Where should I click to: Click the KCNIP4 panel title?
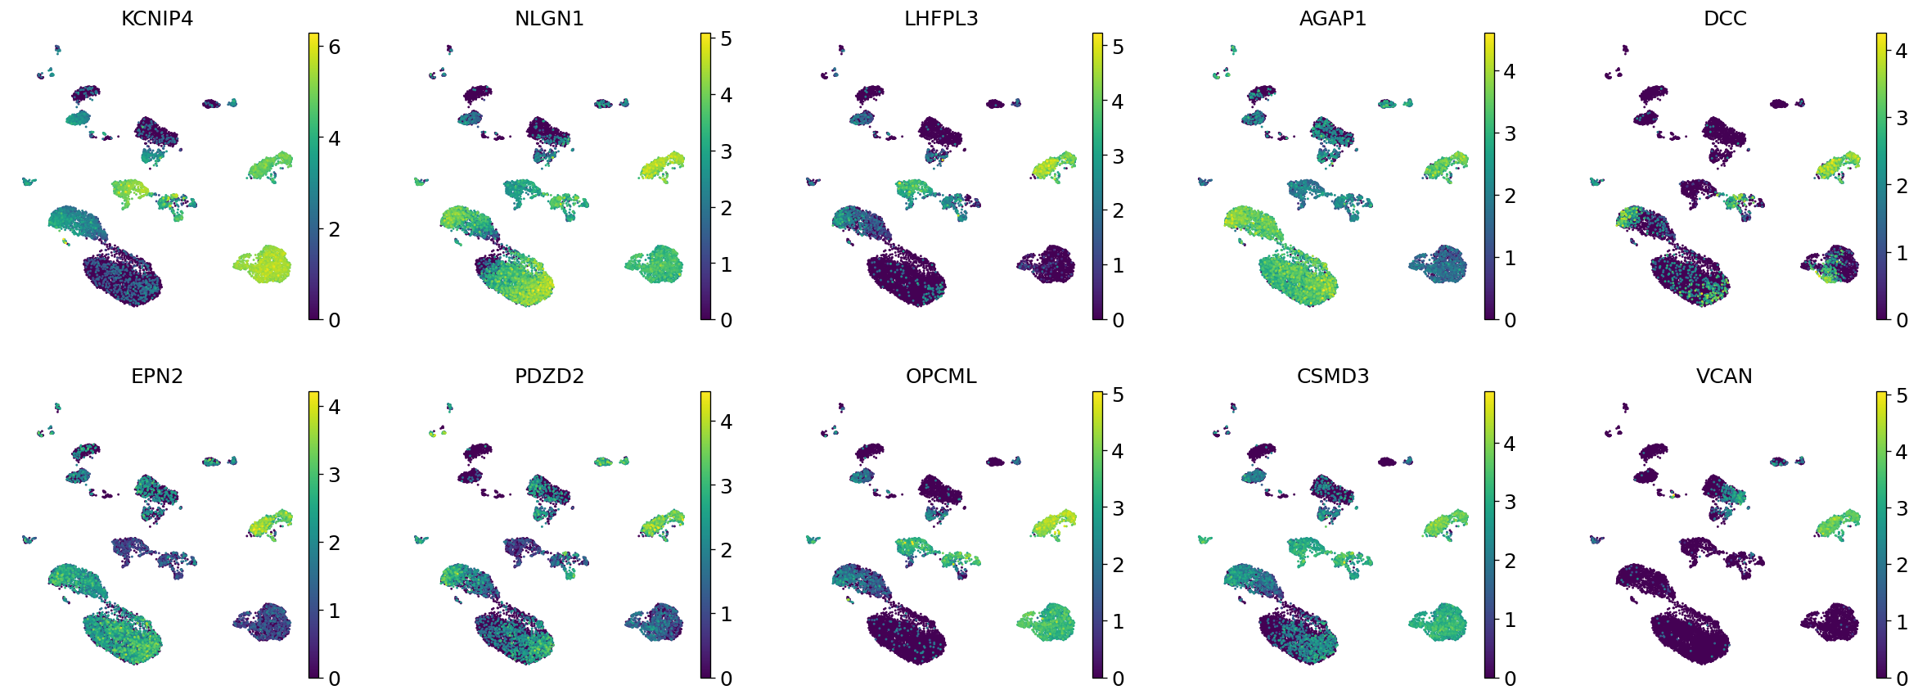click(x=157, y=19)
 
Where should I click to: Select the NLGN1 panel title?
click(x=549, y=19)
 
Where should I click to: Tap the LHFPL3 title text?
click(x=941, y=19)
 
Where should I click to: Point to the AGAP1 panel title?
click(x=1333, y=19)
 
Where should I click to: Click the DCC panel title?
click(x=1725, y=19)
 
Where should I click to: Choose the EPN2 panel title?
click(x=157, y=377)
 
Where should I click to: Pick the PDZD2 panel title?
click(x=549, y=377)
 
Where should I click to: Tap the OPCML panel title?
click(x=941, y=377)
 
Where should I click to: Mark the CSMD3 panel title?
click(x=1333, y=377)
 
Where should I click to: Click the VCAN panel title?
click(x=1725, y=377)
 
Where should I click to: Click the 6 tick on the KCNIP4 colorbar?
click(x=334, y=47)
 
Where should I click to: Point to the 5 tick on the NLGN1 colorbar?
click(x=726, y=39)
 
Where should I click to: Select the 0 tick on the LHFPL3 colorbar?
click(x=1118, y=320)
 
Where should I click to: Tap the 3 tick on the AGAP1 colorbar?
click(x=1510, y=133)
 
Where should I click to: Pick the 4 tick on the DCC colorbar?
click(x=1902, y=51)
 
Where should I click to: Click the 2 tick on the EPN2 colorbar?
click(x=334, y=543)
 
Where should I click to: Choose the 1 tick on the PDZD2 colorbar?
click(x=726, y=614)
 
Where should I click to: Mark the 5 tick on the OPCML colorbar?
click(x=1118, y=395)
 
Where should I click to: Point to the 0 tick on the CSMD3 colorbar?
click(x=1510, y=679)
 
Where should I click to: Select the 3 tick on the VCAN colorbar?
click(x=1902, y=508)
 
